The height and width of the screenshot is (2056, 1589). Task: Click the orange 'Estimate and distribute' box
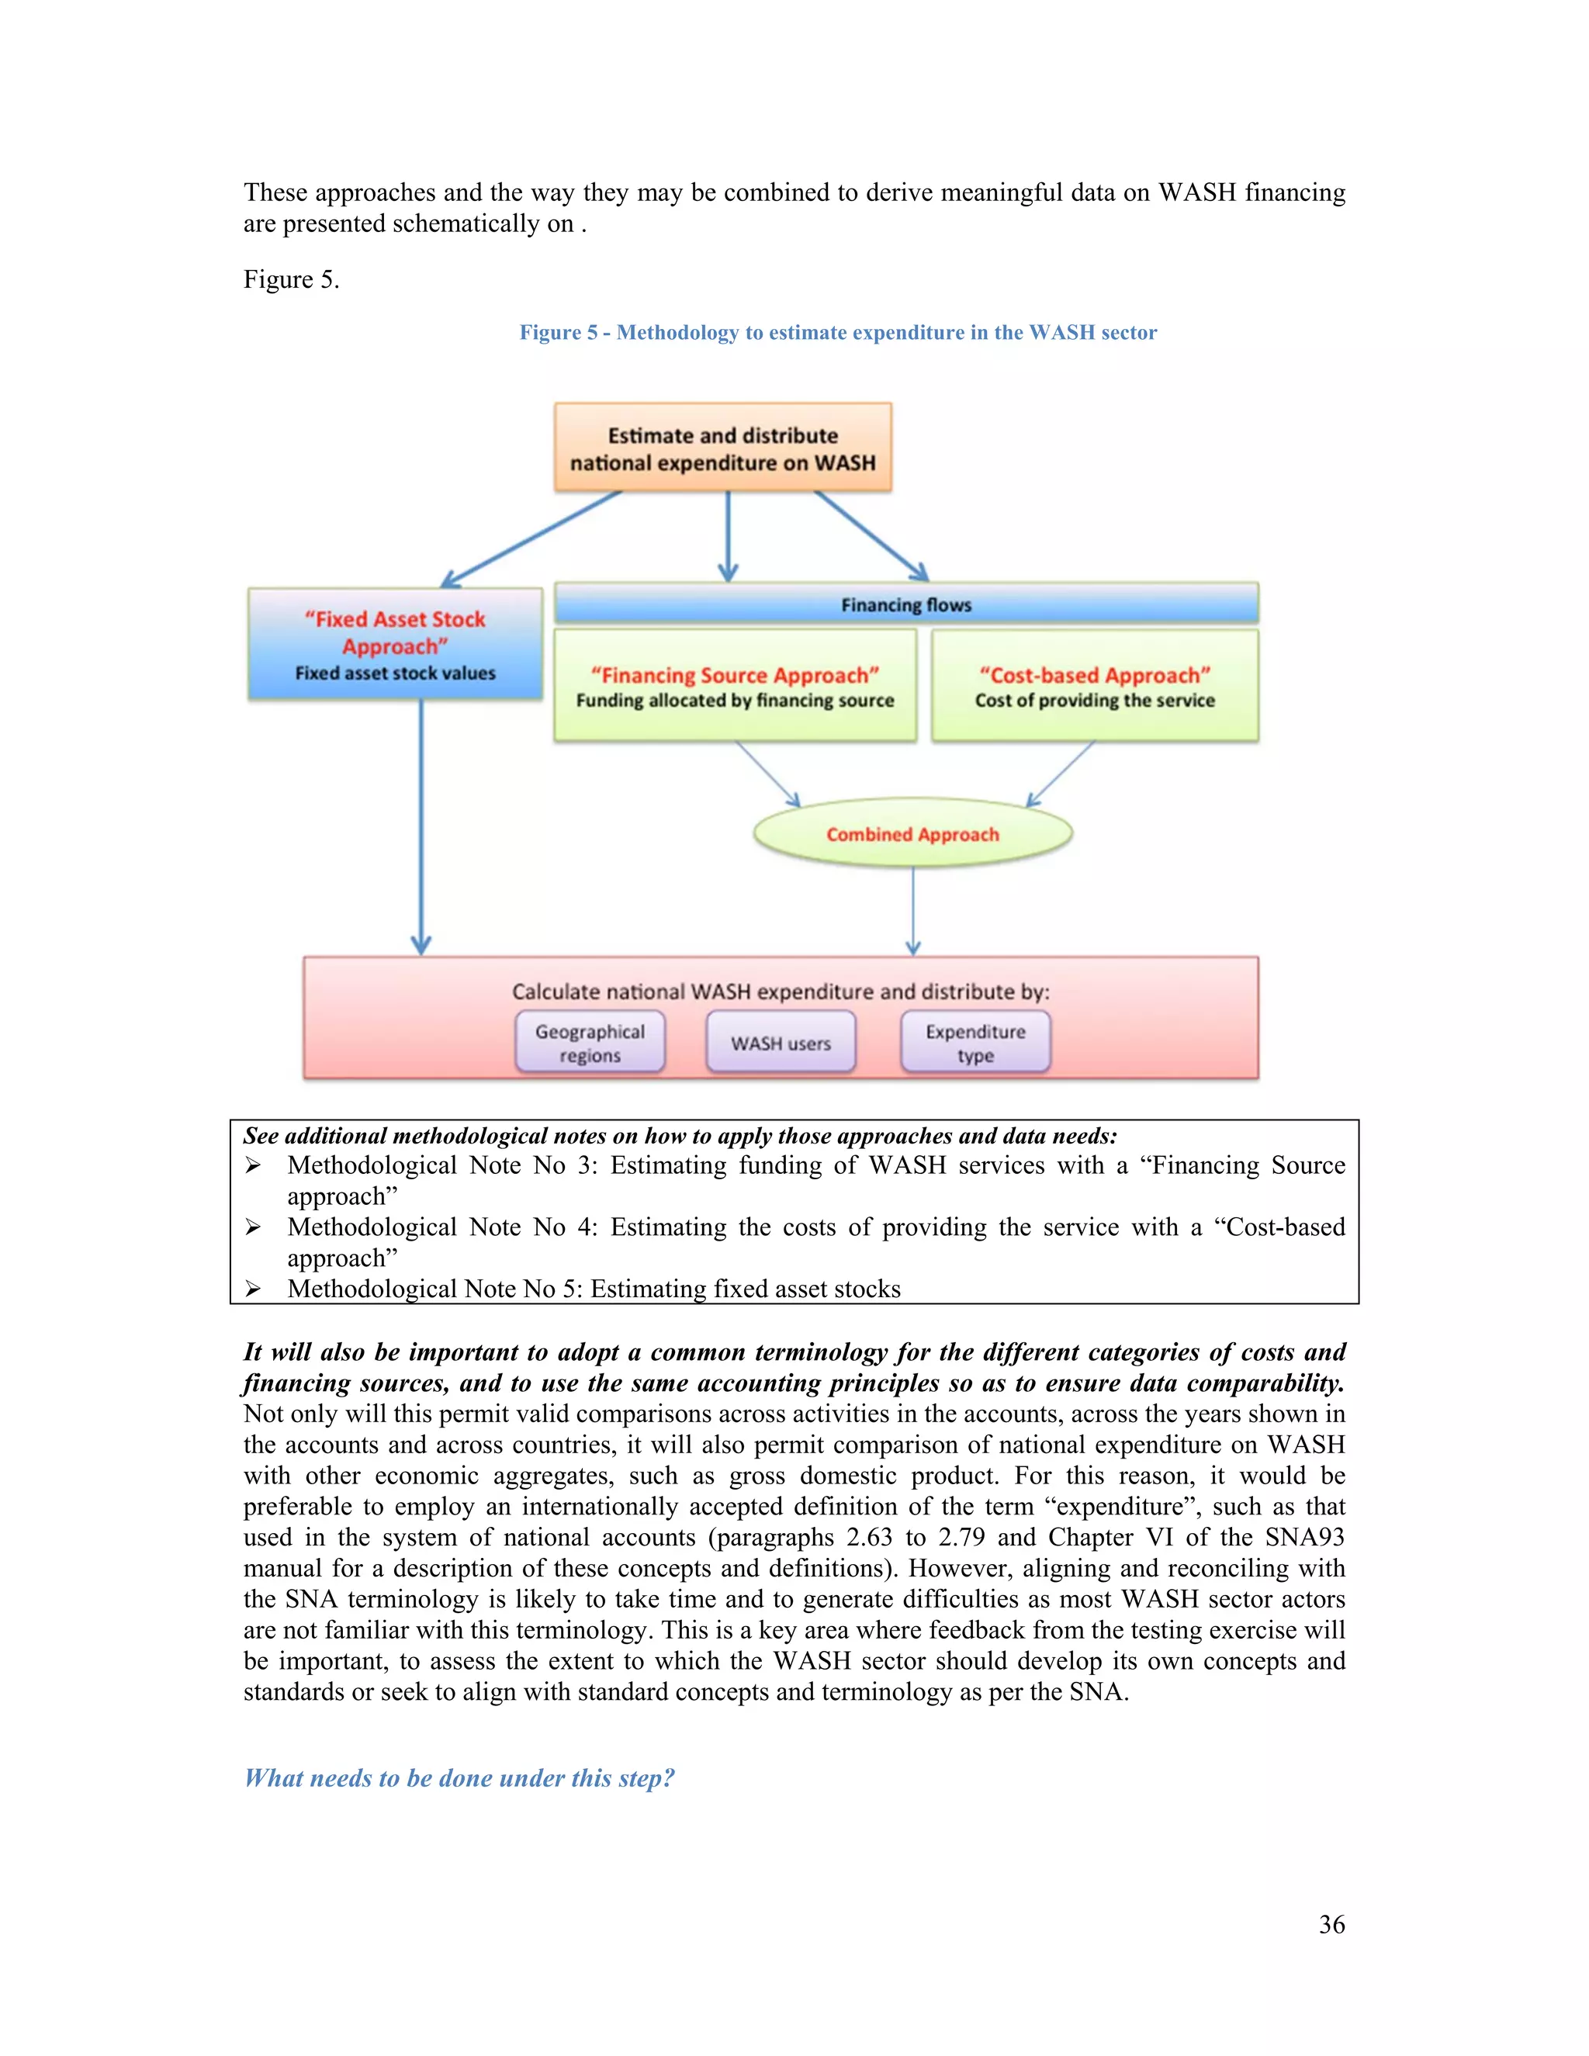pos(722,448)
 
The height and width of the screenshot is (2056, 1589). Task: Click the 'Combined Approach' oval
pos(912,834)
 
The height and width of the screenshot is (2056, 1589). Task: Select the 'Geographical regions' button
pos(590,1043)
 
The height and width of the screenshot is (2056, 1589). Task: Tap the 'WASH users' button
pos(781,1043)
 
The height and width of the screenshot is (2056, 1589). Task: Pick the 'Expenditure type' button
pos(975,1043)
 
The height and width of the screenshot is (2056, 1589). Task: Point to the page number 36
pos(1331,1924)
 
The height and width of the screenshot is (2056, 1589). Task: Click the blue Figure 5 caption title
pos(838,332)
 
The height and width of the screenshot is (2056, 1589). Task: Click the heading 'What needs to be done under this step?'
pos(459,1777)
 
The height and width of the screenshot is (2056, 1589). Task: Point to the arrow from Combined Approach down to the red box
pos(912,910)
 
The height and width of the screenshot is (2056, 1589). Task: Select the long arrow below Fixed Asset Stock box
pos(421,829)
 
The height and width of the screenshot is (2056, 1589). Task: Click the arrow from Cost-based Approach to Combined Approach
pos(1061,774)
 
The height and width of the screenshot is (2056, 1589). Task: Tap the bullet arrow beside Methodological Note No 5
pos(252,1289)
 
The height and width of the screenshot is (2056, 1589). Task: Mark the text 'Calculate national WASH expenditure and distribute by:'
pos(781,992)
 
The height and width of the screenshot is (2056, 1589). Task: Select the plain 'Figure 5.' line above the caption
pos(291,279)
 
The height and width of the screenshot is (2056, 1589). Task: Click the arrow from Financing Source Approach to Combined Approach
pos(767,774)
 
